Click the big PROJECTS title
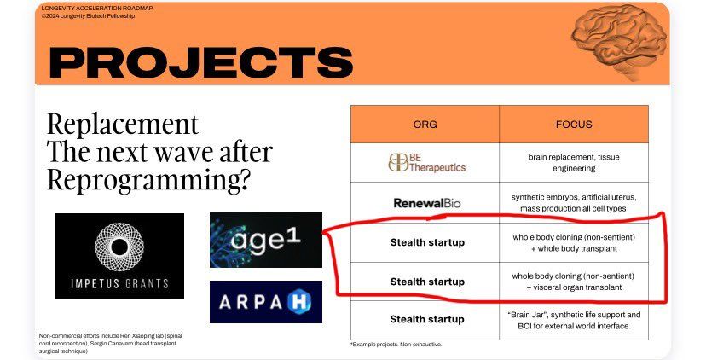(201, 62)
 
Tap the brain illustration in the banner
(619, 42)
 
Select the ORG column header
(425, 125)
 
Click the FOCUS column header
(574, 125)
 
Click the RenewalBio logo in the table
(427, 203)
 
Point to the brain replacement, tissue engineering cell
(574, 163)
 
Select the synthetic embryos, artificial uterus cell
(574, 203)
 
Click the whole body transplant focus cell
(574, 243)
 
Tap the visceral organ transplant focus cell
(574, 282)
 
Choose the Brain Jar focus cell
(574, 321)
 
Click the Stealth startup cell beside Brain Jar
(427, 319)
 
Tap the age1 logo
(266, 241)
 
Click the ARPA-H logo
(266, 302)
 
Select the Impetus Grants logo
(119, 256)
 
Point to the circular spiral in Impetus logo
(119, 247)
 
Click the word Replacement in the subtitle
(123, 125)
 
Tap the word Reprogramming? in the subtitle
(148, 180)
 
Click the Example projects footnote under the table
(396, 345)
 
